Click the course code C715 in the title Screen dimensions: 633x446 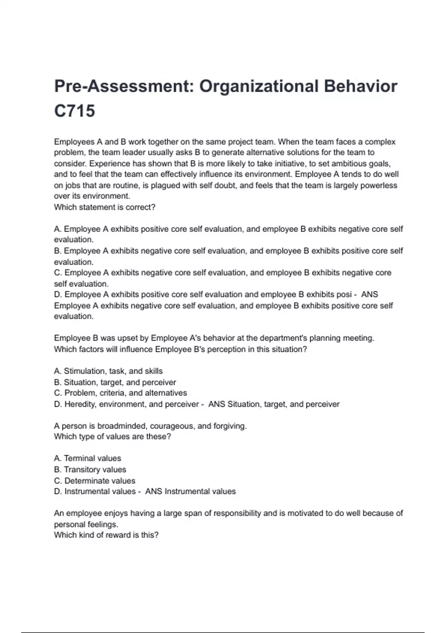(75, 111)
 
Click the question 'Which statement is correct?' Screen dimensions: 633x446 (104, 207)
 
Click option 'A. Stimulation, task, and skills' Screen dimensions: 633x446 (108, 371)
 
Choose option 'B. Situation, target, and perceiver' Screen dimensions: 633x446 (115, 382)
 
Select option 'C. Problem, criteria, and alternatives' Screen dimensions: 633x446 (120, 393)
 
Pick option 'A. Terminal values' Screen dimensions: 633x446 (87, 458)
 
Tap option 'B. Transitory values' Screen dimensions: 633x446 (90, 469)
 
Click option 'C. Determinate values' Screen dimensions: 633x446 (94, 480)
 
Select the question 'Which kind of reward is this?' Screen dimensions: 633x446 (106, 535)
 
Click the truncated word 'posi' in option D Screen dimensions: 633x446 (344, 294)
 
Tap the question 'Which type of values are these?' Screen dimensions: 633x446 (112, 436)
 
